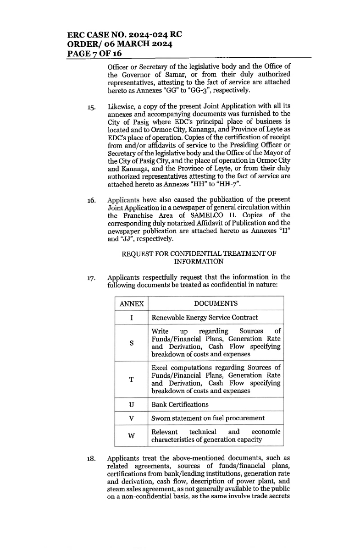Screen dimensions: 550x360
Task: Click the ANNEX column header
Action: tap(132, 303)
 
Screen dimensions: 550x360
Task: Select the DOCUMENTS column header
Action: tap(216, 303)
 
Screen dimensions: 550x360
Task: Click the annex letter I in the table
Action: tap(132, 317)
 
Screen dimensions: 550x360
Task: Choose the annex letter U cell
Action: tap(132, 404)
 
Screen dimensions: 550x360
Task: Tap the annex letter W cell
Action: tap(132, 436)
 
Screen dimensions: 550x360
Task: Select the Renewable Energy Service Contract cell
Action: tap(205, 317)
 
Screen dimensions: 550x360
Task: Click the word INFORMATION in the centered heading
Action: tap(199, 262)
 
